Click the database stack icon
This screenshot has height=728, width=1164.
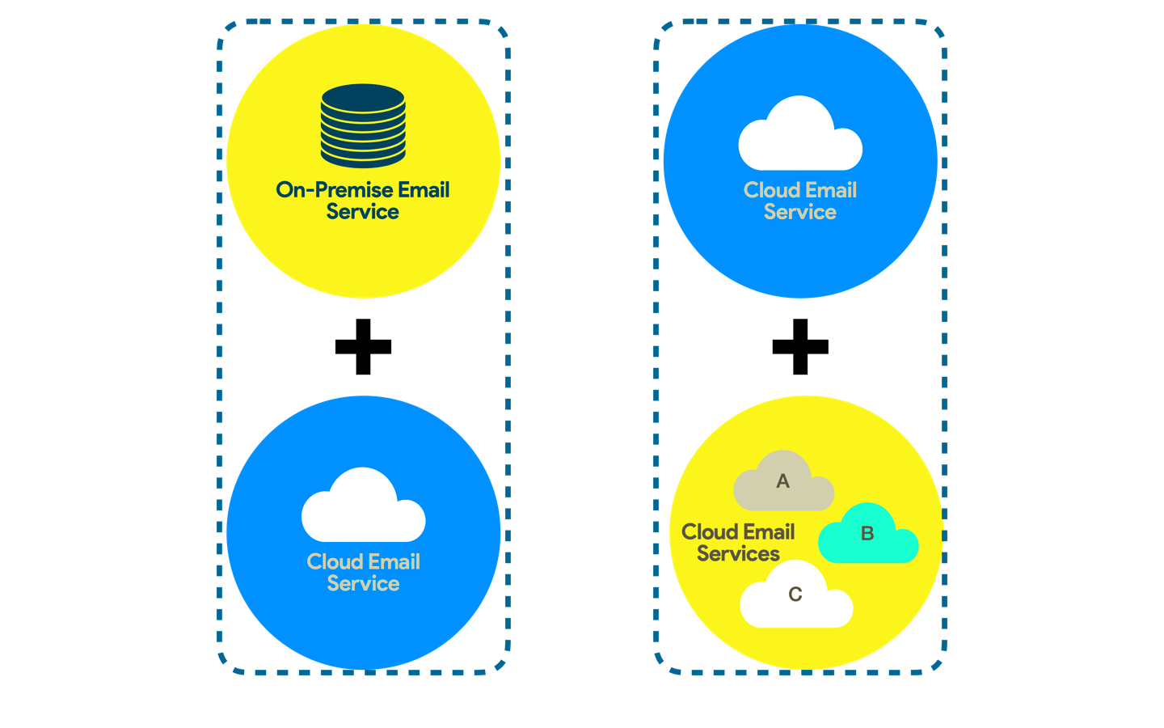click(x=363, y=125)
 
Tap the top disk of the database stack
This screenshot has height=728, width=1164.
click(x=363, y=98)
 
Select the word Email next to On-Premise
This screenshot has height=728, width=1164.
click(x=424, y=190)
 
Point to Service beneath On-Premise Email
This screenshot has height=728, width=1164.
click(x=363, y=212)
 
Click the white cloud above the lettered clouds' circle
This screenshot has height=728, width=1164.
click(x=800, y=138)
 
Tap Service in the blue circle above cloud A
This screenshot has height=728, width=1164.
click(x=800, y=212)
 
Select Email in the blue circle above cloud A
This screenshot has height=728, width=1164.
click(x=831, y=190)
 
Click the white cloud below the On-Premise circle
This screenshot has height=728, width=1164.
click(x=363, y=510)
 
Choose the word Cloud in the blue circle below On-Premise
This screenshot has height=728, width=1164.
click(x=334, y=561)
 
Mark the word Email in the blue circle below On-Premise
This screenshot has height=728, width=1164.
click(x=394, y=561)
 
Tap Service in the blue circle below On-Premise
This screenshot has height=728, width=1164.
click(x=363, y=583)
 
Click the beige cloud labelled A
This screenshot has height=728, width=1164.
click(x=783, y=485)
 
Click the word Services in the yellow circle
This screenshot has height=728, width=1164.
click(x=738, y=554)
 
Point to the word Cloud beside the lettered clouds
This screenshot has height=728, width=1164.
click(x=709, y=532)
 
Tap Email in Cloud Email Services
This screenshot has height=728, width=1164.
click(x=769, y=532)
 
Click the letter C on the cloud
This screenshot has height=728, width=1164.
click(x=795, y=595)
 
